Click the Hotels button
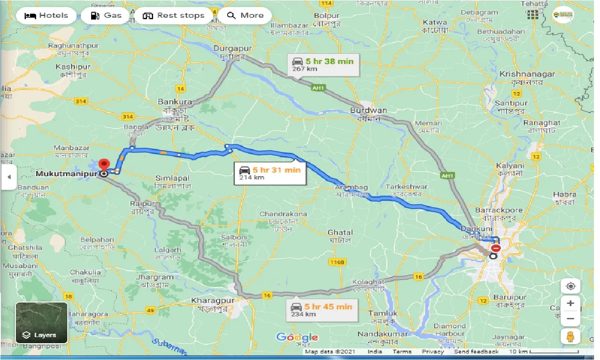46,15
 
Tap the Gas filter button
106,15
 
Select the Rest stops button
174,15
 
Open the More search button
245,15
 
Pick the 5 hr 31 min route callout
270,173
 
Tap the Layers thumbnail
41,323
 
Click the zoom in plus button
570,303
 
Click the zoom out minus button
570,320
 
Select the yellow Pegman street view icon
570,336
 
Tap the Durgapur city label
232,48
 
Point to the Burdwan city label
368,111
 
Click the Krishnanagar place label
527,74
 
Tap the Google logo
297,337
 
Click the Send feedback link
476,352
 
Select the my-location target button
570,286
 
